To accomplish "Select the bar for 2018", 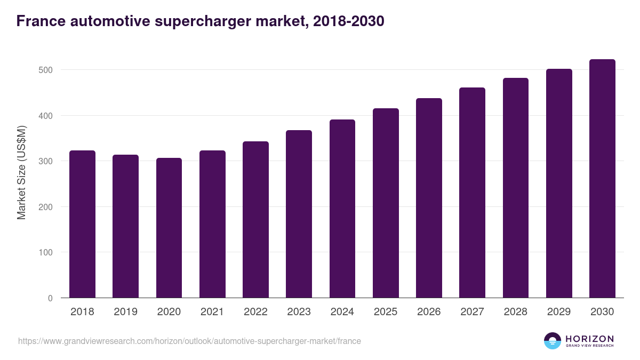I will click(82, 224).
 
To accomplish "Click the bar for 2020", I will click(169, 228).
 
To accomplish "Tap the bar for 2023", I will click(299, 214).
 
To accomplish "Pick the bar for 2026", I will click(429, 198).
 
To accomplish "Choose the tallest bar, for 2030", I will click(602, 179).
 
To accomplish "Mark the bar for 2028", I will click(515, 188).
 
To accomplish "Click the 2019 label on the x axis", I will click(125, 312).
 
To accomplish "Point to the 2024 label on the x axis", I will click(342, 312).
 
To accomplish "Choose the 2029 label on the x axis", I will click(559, 312).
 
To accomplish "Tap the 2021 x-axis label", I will click(212, 312).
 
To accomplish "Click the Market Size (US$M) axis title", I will click(21, 172).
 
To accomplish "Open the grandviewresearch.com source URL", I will click(189, 341).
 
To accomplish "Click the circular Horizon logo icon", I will click(553, 341).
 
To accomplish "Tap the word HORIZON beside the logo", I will click(589, 339).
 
